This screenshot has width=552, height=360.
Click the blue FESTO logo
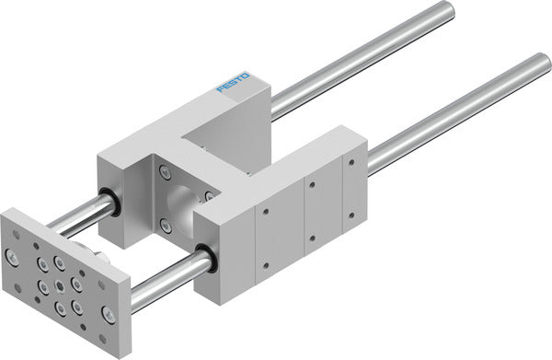(234, 82)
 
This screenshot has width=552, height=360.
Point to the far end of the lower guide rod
(545, 63)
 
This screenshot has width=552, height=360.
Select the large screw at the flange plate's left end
(12, 258)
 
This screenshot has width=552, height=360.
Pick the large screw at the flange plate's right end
(108, 313)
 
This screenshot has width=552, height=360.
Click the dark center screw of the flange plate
(60, 286)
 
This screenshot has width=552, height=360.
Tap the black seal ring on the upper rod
(112, 202)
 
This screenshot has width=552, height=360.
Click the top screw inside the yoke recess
(165, 172)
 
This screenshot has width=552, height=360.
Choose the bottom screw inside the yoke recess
(165, 225)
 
